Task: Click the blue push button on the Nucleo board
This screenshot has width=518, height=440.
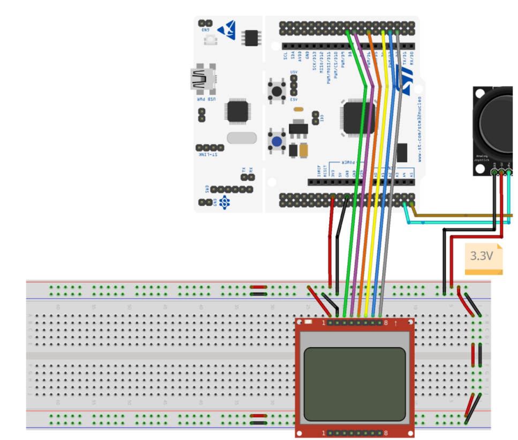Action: tap(277, 142)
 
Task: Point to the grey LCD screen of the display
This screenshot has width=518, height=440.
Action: tap(354, 383)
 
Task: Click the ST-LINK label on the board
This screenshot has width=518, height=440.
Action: tap(209, 155)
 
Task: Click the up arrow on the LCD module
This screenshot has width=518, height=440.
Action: tap(395, 323)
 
